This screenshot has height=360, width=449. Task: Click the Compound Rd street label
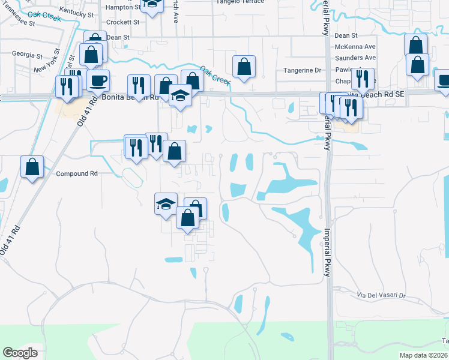point(77,174)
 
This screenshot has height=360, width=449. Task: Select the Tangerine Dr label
point(302,70)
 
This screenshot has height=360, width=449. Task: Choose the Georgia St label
point(27,55)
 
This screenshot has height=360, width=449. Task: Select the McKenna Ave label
point(355,47)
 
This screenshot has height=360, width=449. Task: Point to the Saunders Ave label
point(355,58)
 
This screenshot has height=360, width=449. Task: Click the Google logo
point(20,352)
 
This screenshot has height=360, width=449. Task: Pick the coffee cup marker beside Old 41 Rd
point(98,80)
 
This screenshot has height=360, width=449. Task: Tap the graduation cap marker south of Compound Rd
point(166,204)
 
